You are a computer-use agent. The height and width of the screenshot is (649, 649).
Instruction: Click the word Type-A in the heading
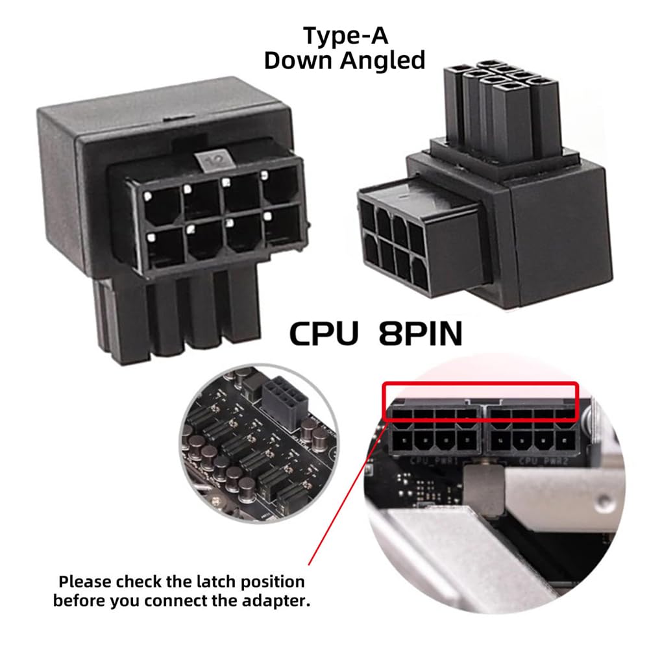(x=344, y=37)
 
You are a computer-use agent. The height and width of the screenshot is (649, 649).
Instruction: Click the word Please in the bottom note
(x=84, y=581)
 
